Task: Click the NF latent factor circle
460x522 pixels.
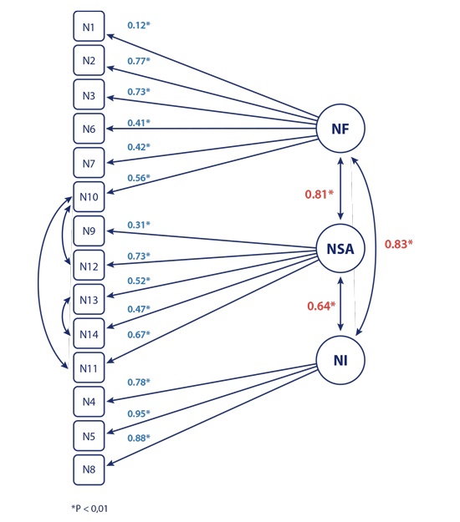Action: [341, 129]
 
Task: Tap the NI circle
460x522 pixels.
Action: [341, 360]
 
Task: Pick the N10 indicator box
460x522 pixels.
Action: [89, 196]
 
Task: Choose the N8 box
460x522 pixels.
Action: [89, 469]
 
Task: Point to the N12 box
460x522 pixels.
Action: [89, 266]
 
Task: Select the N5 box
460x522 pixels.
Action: [89, 435]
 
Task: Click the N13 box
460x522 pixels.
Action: [89, 300]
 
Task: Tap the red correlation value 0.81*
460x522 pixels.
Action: [319, 195]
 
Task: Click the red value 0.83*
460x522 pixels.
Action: [399, 245]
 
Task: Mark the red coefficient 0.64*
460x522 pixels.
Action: [319, 306]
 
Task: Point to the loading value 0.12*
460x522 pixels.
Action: [139, 26]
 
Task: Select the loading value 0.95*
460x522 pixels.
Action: [139, 413]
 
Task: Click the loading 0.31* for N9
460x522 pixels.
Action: [139, 225]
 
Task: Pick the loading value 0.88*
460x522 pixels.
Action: [139, 438]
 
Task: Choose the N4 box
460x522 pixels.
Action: [89, 402]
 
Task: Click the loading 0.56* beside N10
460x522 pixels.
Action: [139, 178]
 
